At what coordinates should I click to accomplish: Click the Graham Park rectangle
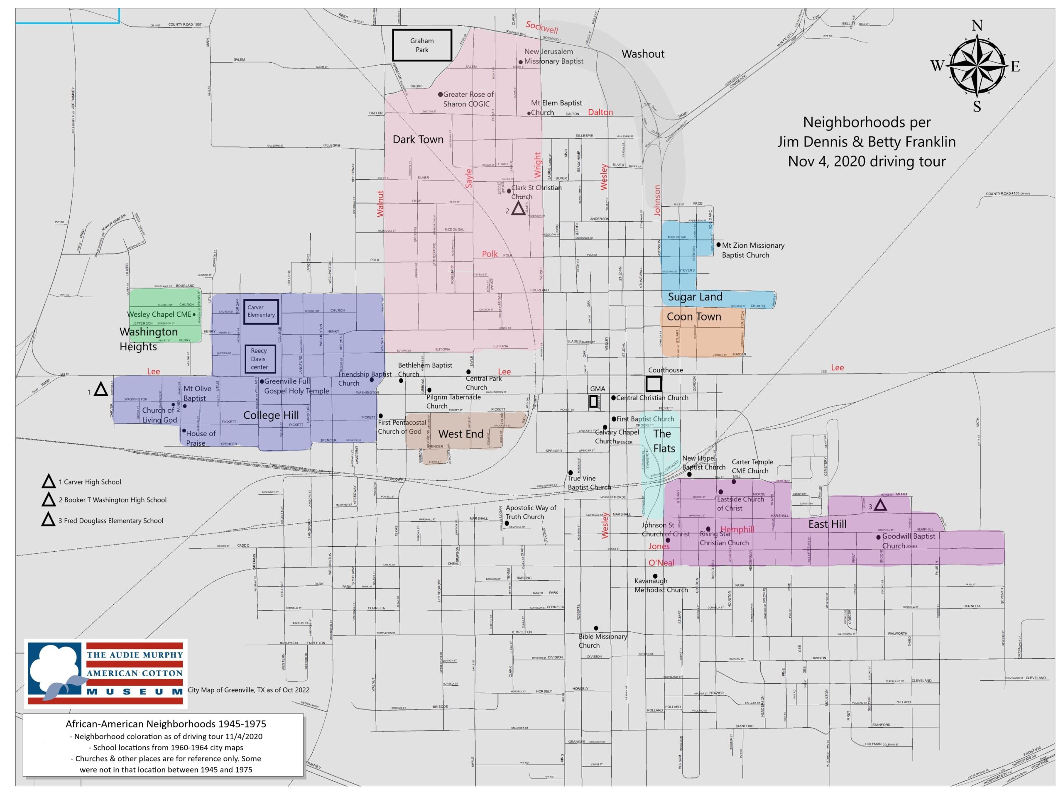click(422, 45)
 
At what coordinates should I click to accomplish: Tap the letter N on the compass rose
click(977, 25)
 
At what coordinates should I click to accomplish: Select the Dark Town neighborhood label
click(418, 140)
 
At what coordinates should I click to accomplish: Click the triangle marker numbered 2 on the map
click(518, 209)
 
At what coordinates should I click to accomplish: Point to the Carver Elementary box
click(261, 311)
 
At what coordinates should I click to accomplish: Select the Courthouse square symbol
click(654, 384)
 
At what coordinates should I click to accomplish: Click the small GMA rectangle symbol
click(593, 401)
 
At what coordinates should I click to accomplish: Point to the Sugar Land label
click(695, 297)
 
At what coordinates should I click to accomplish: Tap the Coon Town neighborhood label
click(693, 317)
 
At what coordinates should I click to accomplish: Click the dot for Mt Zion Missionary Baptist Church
click(718, 244)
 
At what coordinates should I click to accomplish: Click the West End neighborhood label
click(460, 434)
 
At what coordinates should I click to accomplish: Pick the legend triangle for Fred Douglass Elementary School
click(49, 520)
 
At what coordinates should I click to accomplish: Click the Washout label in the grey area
click(642, 54)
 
